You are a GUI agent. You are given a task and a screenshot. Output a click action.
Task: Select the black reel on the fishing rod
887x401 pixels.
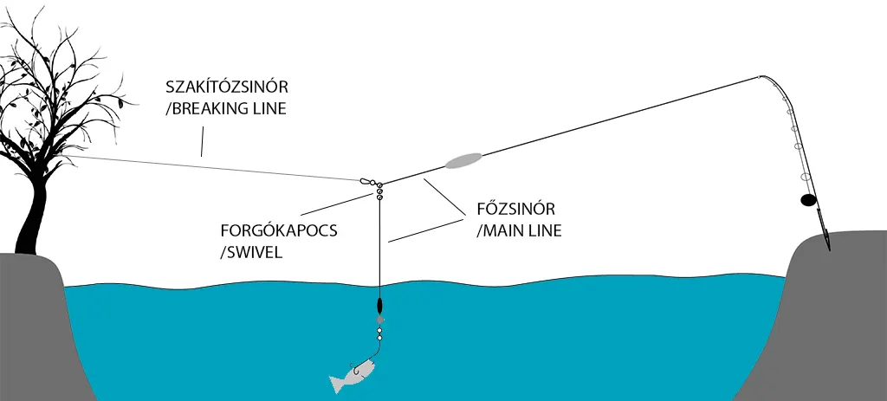click(x=807, y=200)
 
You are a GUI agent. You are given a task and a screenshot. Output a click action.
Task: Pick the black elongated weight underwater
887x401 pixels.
click(x=379, y=307)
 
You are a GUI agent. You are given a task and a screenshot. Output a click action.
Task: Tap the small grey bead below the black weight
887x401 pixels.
click(x=379, y=320)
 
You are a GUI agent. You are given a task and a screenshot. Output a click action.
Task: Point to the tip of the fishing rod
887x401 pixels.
click(x=761, y=76)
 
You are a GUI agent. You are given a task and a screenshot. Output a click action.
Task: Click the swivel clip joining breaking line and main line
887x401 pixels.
click(x=368, y=181)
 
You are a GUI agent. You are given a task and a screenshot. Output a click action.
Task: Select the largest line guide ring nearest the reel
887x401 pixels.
click(x=806, y=176)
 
